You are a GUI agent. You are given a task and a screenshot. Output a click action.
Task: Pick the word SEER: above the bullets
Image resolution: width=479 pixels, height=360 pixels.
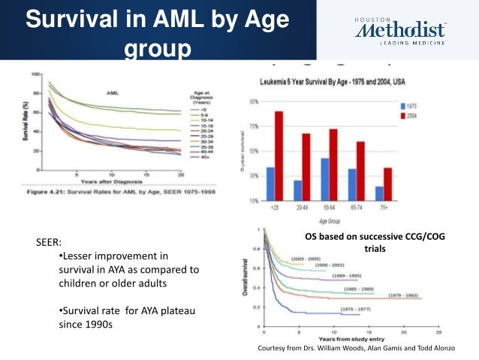click(50, 244)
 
